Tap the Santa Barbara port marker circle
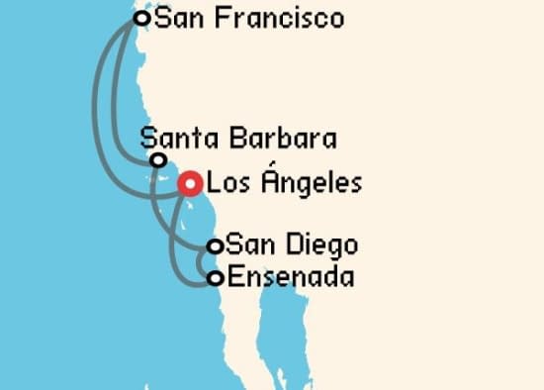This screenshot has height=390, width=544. tap(157, 159)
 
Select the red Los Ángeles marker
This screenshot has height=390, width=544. tap(190, 183)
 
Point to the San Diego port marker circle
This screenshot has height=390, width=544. tap(214, 246)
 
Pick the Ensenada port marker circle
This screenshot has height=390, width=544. tap(214, 278)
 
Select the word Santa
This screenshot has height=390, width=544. tap(175, 138)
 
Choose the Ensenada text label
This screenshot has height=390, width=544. tap(290, 277)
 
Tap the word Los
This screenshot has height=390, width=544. tap(227, 184)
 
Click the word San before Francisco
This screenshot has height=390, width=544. tap(178, 19)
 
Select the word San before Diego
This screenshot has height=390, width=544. tap(248, 244)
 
